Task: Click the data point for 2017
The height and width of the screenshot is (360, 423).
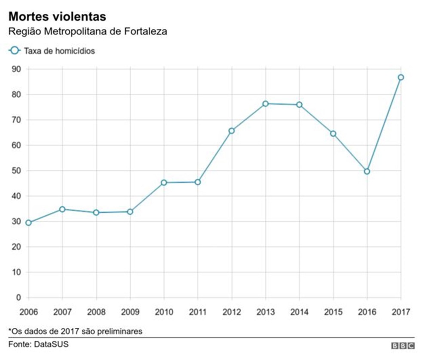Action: [x=401, y=77]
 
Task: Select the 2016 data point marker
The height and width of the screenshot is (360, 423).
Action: [x=367, y=171]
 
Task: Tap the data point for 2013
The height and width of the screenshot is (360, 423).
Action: [x=265, y=104]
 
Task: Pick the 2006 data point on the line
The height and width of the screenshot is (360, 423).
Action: [x=28, y=223]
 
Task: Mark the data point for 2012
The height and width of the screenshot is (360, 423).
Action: [x=232, y=131]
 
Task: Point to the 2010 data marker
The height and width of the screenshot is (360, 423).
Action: [x=164, y=183]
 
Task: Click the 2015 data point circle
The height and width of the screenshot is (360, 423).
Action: [x=333, y=134]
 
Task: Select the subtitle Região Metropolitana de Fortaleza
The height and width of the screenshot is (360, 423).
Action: [x=88, y=32]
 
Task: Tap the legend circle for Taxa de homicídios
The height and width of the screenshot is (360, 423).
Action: [x=15, y=51]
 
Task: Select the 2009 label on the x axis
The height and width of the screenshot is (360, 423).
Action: [x=130, y=311]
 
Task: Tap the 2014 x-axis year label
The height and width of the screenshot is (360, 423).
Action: [x=299, y=311]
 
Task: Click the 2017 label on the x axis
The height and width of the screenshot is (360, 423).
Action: [x=401, y=311]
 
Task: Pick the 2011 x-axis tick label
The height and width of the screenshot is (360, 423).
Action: [x=198, y=311]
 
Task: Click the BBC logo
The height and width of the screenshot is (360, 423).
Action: [x=403, y=345]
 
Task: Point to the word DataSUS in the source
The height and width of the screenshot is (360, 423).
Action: [x=51, y=344]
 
